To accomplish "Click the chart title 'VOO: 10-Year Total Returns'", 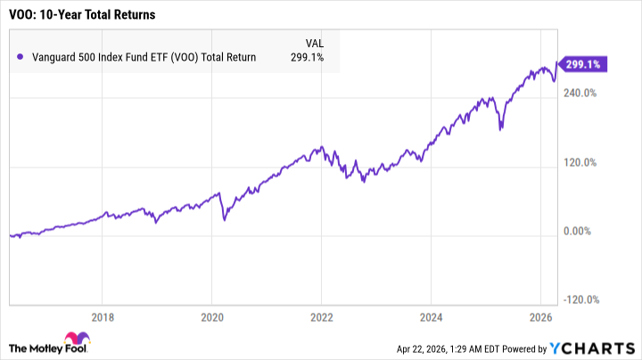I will tap(78, 14).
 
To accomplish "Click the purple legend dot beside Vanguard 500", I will tap(21, 57).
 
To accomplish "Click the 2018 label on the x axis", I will tap(103, 316).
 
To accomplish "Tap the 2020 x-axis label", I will tap(212, 316).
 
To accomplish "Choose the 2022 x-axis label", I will tap(322, 316).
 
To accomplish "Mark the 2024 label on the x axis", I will tap(432, 316).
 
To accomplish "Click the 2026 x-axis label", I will tap(541, 316).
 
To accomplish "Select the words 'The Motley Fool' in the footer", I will tap(42, 347).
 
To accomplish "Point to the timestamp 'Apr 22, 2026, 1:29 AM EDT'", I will tap(453, 348).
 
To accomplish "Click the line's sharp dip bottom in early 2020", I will tap(223, 217).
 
